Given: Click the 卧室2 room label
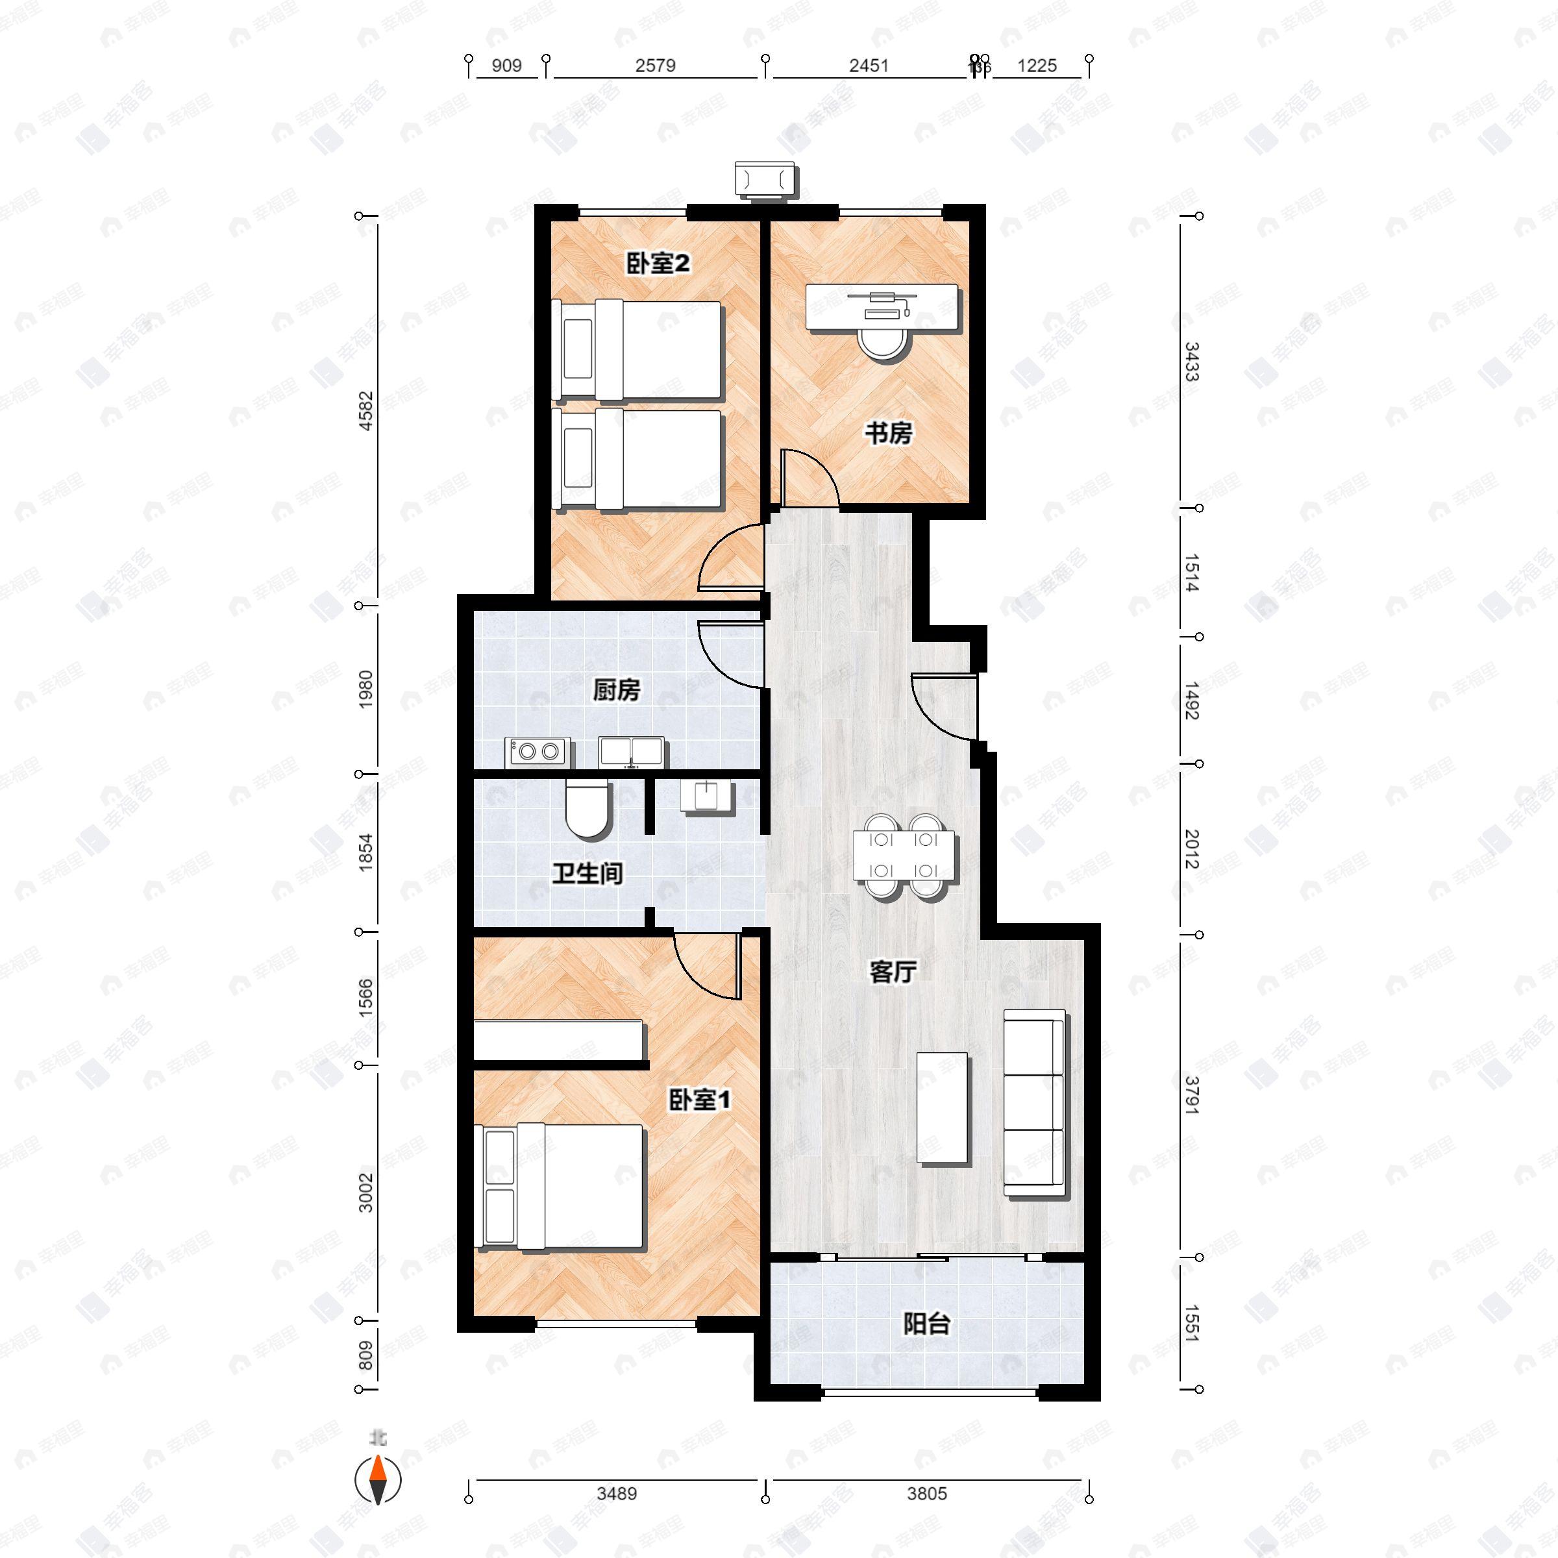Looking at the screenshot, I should pos(658,263).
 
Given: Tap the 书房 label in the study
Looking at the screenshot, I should pos(888,434).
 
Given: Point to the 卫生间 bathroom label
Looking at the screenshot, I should pos(587,873).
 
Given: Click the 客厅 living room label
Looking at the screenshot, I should pos(893,972).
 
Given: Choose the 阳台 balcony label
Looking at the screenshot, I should pos(926,1324).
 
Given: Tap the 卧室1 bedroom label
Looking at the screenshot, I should pos(699,1099).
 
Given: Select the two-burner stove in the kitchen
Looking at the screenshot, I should pos(538,752).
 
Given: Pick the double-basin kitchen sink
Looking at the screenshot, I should pos(632,752).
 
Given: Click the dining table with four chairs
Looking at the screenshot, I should pos(904,856).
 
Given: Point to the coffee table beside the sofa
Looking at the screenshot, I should pos(942,1107).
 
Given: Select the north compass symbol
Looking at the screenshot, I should pos(377,1480).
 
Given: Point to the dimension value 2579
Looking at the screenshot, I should pos(655,66).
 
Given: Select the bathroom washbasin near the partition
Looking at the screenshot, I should pos(707,796).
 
